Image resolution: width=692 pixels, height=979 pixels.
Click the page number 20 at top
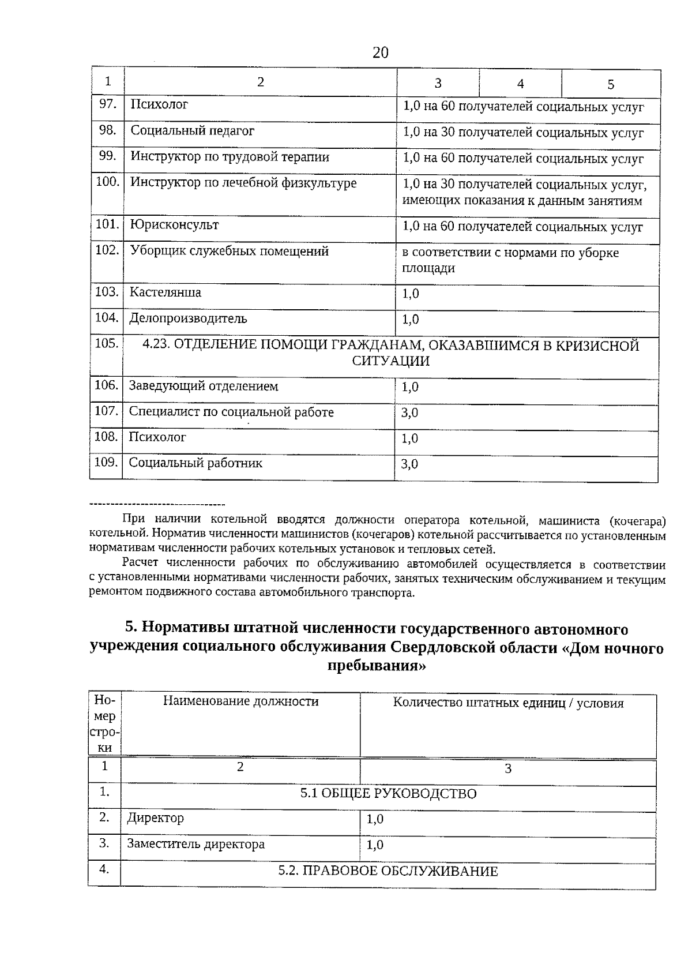381,53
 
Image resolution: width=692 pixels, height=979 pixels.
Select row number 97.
108,104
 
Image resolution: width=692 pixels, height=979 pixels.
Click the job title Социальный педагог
192,130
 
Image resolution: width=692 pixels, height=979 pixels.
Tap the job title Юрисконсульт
174,224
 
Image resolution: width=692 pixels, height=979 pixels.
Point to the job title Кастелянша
165,292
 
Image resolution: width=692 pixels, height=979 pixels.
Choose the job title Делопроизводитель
188,318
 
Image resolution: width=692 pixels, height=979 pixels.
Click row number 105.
107,343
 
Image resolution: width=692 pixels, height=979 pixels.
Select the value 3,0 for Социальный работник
409,464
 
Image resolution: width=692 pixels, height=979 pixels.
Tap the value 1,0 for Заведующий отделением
410,387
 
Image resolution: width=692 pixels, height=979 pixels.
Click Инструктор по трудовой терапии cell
230,156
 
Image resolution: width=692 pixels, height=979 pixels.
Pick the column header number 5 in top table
611,84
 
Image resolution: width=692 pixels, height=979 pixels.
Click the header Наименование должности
240,702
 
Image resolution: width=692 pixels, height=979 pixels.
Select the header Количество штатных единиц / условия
508,703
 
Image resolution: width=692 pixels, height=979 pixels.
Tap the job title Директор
156,818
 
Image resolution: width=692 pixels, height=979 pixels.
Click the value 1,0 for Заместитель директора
375,845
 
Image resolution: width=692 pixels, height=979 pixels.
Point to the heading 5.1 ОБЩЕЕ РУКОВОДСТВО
388,794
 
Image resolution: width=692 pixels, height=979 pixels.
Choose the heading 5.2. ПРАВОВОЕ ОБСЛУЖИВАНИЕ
388,871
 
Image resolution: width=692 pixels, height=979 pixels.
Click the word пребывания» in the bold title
377,666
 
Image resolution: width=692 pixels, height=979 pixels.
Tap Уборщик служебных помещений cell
229,251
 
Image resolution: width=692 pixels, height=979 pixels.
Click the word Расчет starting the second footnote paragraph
142,562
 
